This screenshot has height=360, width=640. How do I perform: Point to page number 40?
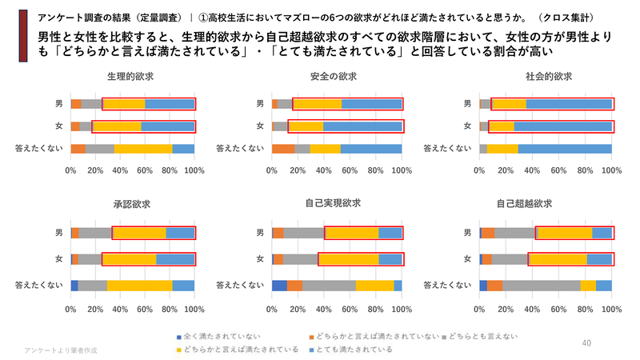[586, 343]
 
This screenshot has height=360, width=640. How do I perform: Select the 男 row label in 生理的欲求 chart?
[58, 104]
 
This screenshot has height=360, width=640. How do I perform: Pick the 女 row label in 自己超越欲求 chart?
[467, 259]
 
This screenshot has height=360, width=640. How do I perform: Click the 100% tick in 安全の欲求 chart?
[402, 170]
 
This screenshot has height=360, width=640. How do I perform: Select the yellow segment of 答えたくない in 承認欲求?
[139, 286]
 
